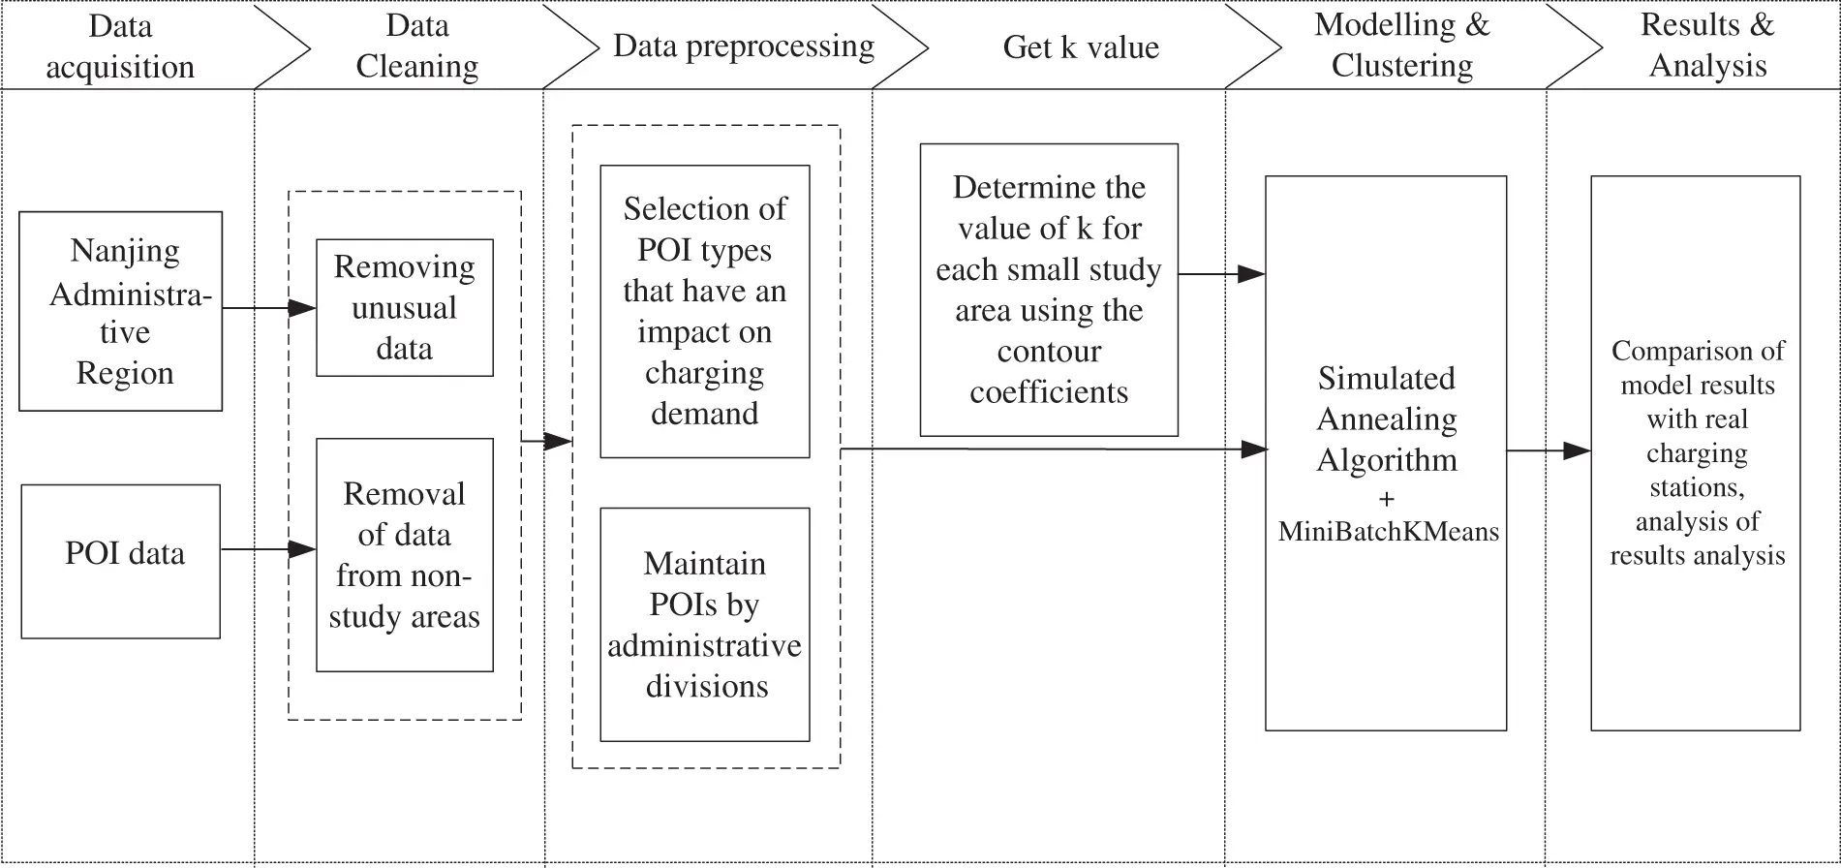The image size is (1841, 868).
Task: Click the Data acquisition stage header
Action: [x=120, y=46]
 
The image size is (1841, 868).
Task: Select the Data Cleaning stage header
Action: [x=416, y=46]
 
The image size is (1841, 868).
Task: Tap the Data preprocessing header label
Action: [x=743, y=46]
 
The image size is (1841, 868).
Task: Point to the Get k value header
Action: [x=1080, y=47]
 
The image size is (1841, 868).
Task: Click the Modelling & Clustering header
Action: [x=1401, y=46]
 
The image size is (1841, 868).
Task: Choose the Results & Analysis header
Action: [x=1707, y=46]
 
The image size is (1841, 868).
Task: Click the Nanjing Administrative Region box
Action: [x=121, y=311]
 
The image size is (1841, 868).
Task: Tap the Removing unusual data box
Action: [x=404, y=308]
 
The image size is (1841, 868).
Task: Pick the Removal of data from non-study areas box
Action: [x=404, y=555]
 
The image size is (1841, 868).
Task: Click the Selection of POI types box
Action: [x=704, y=311]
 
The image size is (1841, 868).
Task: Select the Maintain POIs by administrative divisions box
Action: [x=704, y=625]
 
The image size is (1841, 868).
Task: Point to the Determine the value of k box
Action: [x=1049, y=290]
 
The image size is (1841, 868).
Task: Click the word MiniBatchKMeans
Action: [x=1388, y=532]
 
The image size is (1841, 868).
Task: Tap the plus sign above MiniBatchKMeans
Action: [x=1386, y=500]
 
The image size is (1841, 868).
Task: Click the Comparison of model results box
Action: [x=1696, y=452]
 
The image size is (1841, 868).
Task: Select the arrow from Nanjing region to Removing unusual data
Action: [x=269, y=309]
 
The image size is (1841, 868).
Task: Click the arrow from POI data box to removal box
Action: [x=268, y=550]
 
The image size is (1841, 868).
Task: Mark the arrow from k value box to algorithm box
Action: [x=1221, y=274]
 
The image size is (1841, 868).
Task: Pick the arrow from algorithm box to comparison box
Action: [x=1548, y=450]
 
